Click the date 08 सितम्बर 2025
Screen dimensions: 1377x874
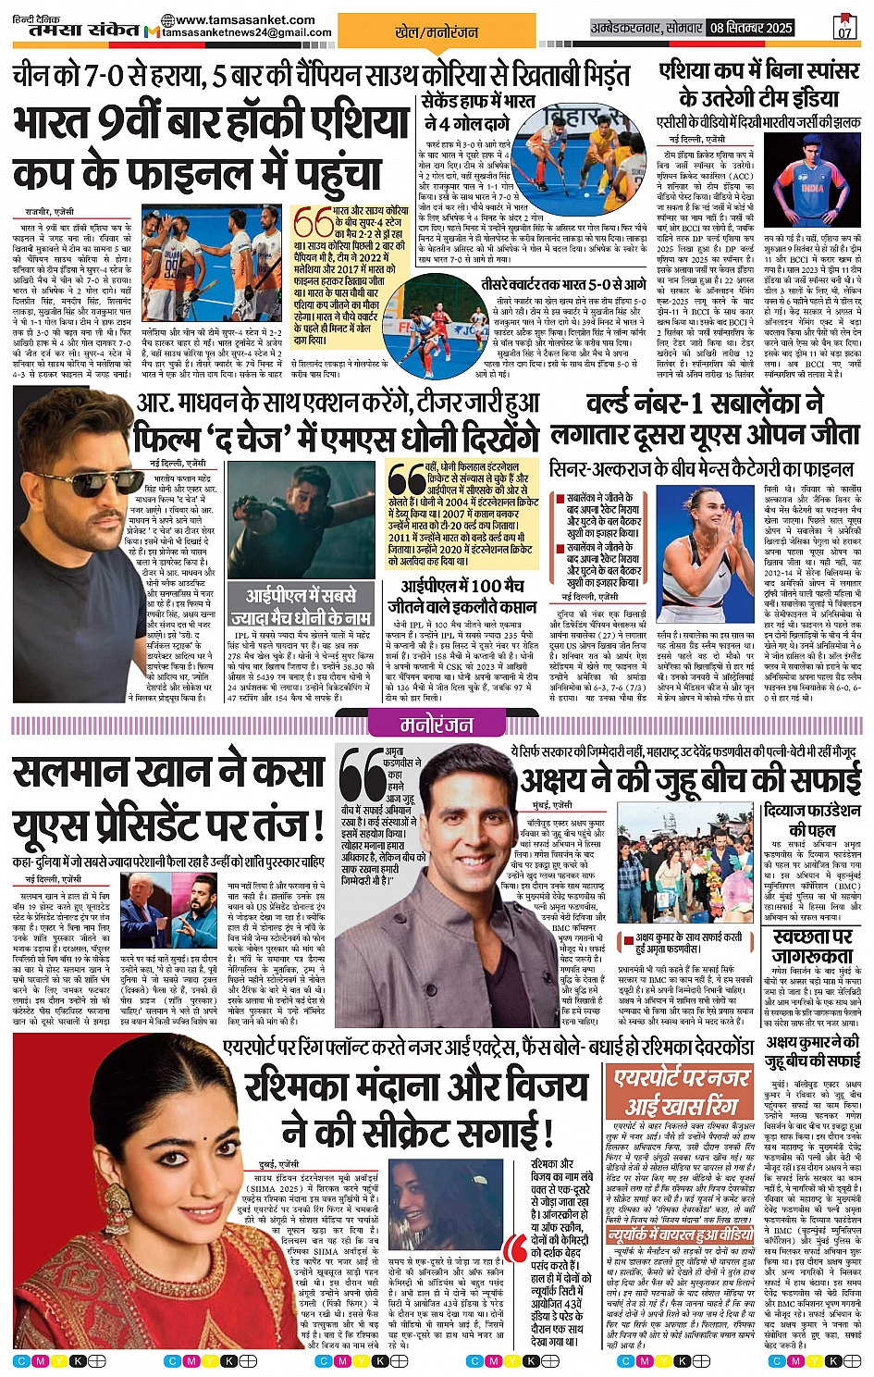751,28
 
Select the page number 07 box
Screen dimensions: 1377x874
843,27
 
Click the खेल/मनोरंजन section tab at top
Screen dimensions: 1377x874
437,31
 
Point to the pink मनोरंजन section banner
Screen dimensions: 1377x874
437,725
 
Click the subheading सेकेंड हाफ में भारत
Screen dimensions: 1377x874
477,101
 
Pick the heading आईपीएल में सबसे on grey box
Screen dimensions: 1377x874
301,605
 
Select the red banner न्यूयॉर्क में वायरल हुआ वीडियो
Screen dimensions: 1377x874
682,1234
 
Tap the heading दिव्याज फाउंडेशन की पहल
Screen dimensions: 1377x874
813,820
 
